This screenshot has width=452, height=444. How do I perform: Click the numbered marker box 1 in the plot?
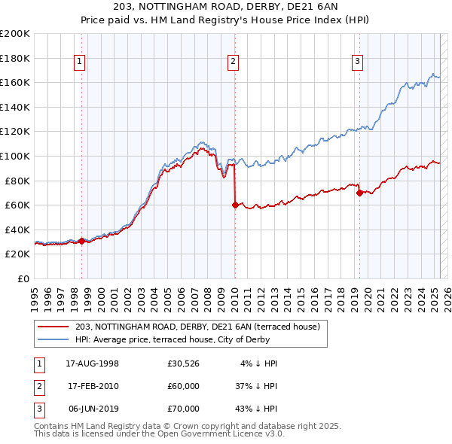click(x=80, y=62)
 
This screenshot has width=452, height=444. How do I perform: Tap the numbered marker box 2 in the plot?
click(x=234, y=62)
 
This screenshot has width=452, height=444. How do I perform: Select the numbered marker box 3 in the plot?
click(x=357, y=62)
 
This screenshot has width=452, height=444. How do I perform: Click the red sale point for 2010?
click(x=235, y=205)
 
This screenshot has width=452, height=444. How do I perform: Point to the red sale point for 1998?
click(x=81, y=241)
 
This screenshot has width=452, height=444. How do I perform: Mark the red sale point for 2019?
click(x=359, y=193)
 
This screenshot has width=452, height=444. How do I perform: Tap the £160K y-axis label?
click(x=15, y=82)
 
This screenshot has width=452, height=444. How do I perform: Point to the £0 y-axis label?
click(x=23, y=278)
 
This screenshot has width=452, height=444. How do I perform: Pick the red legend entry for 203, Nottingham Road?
click(x=197, y=327)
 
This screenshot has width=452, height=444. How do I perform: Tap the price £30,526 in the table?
click(x=184, y=363)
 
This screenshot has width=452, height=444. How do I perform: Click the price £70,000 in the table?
click(x=184, y=409)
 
